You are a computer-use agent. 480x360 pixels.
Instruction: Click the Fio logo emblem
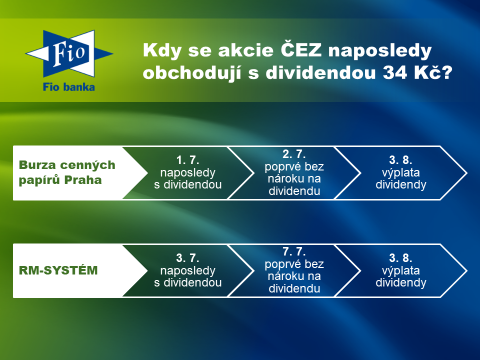[69, 53]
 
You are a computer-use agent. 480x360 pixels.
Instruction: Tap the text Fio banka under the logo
[69, 87]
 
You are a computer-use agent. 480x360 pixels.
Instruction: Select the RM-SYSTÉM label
[58, 270]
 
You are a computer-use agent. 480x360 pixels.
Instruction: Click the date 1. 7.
[187, 160]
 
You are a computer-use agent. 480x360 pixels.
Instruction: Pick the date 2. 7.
[294, 154]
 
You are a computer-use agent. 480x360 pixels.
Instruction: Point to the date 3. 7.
[187, 258]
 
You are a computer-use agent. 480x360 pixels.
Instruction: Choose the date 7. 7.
[294, 251]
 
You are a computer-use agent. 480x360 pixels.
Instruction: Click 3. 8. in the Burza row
[400, 160]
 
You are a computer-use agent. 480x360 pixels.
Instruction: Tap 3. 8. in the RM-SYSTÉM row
[400, 258]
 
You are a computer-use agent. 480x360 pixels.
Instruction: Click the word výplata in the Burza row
[400, 173]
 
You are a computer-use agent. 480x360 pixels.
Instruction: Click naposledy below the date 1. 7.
[187, 173]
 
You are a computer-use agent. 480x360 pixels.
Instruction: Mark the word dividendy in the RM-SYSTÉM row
[400, 282]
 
